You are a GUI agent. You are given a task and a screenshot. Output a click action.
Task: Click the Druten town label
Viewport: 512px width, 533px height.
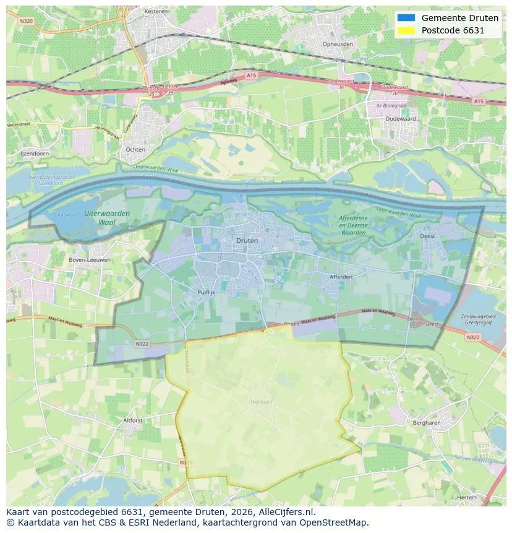click(247, 240)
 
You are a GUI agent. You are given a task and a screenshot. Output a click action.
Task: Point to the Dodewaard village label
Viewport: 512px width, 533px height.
click(401, 118)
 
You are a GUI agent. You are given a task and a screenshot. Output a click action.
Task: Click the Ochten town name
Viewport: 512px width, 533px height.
click(135, 149)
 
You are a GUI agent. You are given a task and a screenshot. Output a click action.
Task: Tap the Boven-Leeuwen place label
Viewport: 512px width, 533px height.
click(90, 260)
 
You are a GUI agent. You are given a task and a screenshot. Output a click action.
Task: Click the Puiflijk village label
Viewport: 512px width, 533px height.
click(206, 293)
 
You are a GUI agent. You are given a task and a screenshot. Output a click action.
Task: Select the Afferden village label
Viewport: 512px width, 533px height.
click(341, 277)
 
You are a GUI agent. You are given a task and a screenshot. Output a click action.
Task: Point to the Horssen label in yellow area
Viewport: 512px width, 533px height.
click(262, 402)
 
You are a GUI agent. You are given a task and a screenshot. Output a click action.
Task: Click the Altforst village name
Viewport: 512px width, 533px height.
click(133, 420)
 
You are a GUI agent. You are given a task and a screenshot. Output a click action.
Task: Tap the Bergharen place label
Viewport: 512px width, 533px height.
click(426, 422)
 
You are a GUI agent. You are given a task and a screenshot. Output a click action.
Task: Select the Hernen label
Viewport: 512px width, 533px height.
click(467, 497)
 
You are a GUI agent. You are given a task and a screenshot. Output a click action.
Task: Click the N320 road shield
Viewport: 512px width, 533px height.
click(26, 20)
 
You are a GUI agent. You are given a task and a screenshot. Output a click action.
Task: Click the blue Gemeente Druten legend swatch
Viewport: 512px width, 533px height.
click(406, 18)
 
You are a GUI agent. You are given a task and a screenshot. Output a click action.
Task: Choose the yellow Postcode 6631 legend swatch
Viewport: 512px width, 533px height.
click(406, 30)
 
